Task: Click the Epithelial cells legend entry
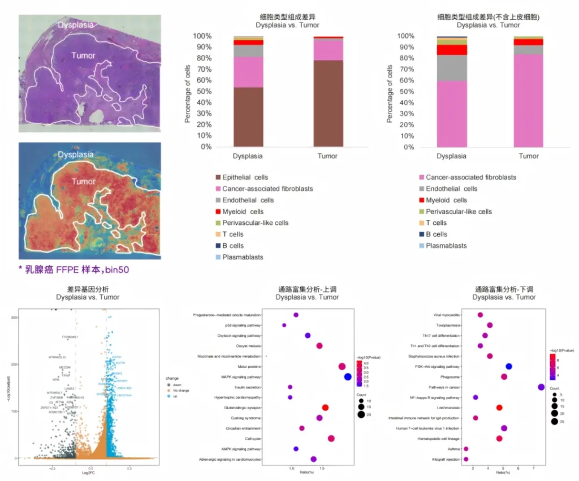pos(245,177)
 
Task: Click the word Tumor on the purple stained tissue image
pos(83,55)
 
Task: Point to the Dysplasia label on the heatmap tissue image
pos(76,154)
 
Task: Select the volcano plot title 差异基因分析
pos(87,289)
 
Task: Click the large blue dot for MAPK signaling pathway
pos(348,377)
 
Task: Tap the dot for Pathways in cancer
pos(541,387)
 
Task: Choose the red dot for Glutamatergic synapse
pos(325,408)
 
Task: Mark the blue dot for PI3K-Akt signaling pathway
pos(509,367)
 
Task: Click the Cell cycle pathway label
pos(252,439)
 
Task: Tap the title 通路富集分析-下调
pos(504,289)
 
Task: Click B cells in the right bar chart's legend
pos(436,234)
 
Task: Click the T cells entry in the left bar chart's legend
pos(233,234)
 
